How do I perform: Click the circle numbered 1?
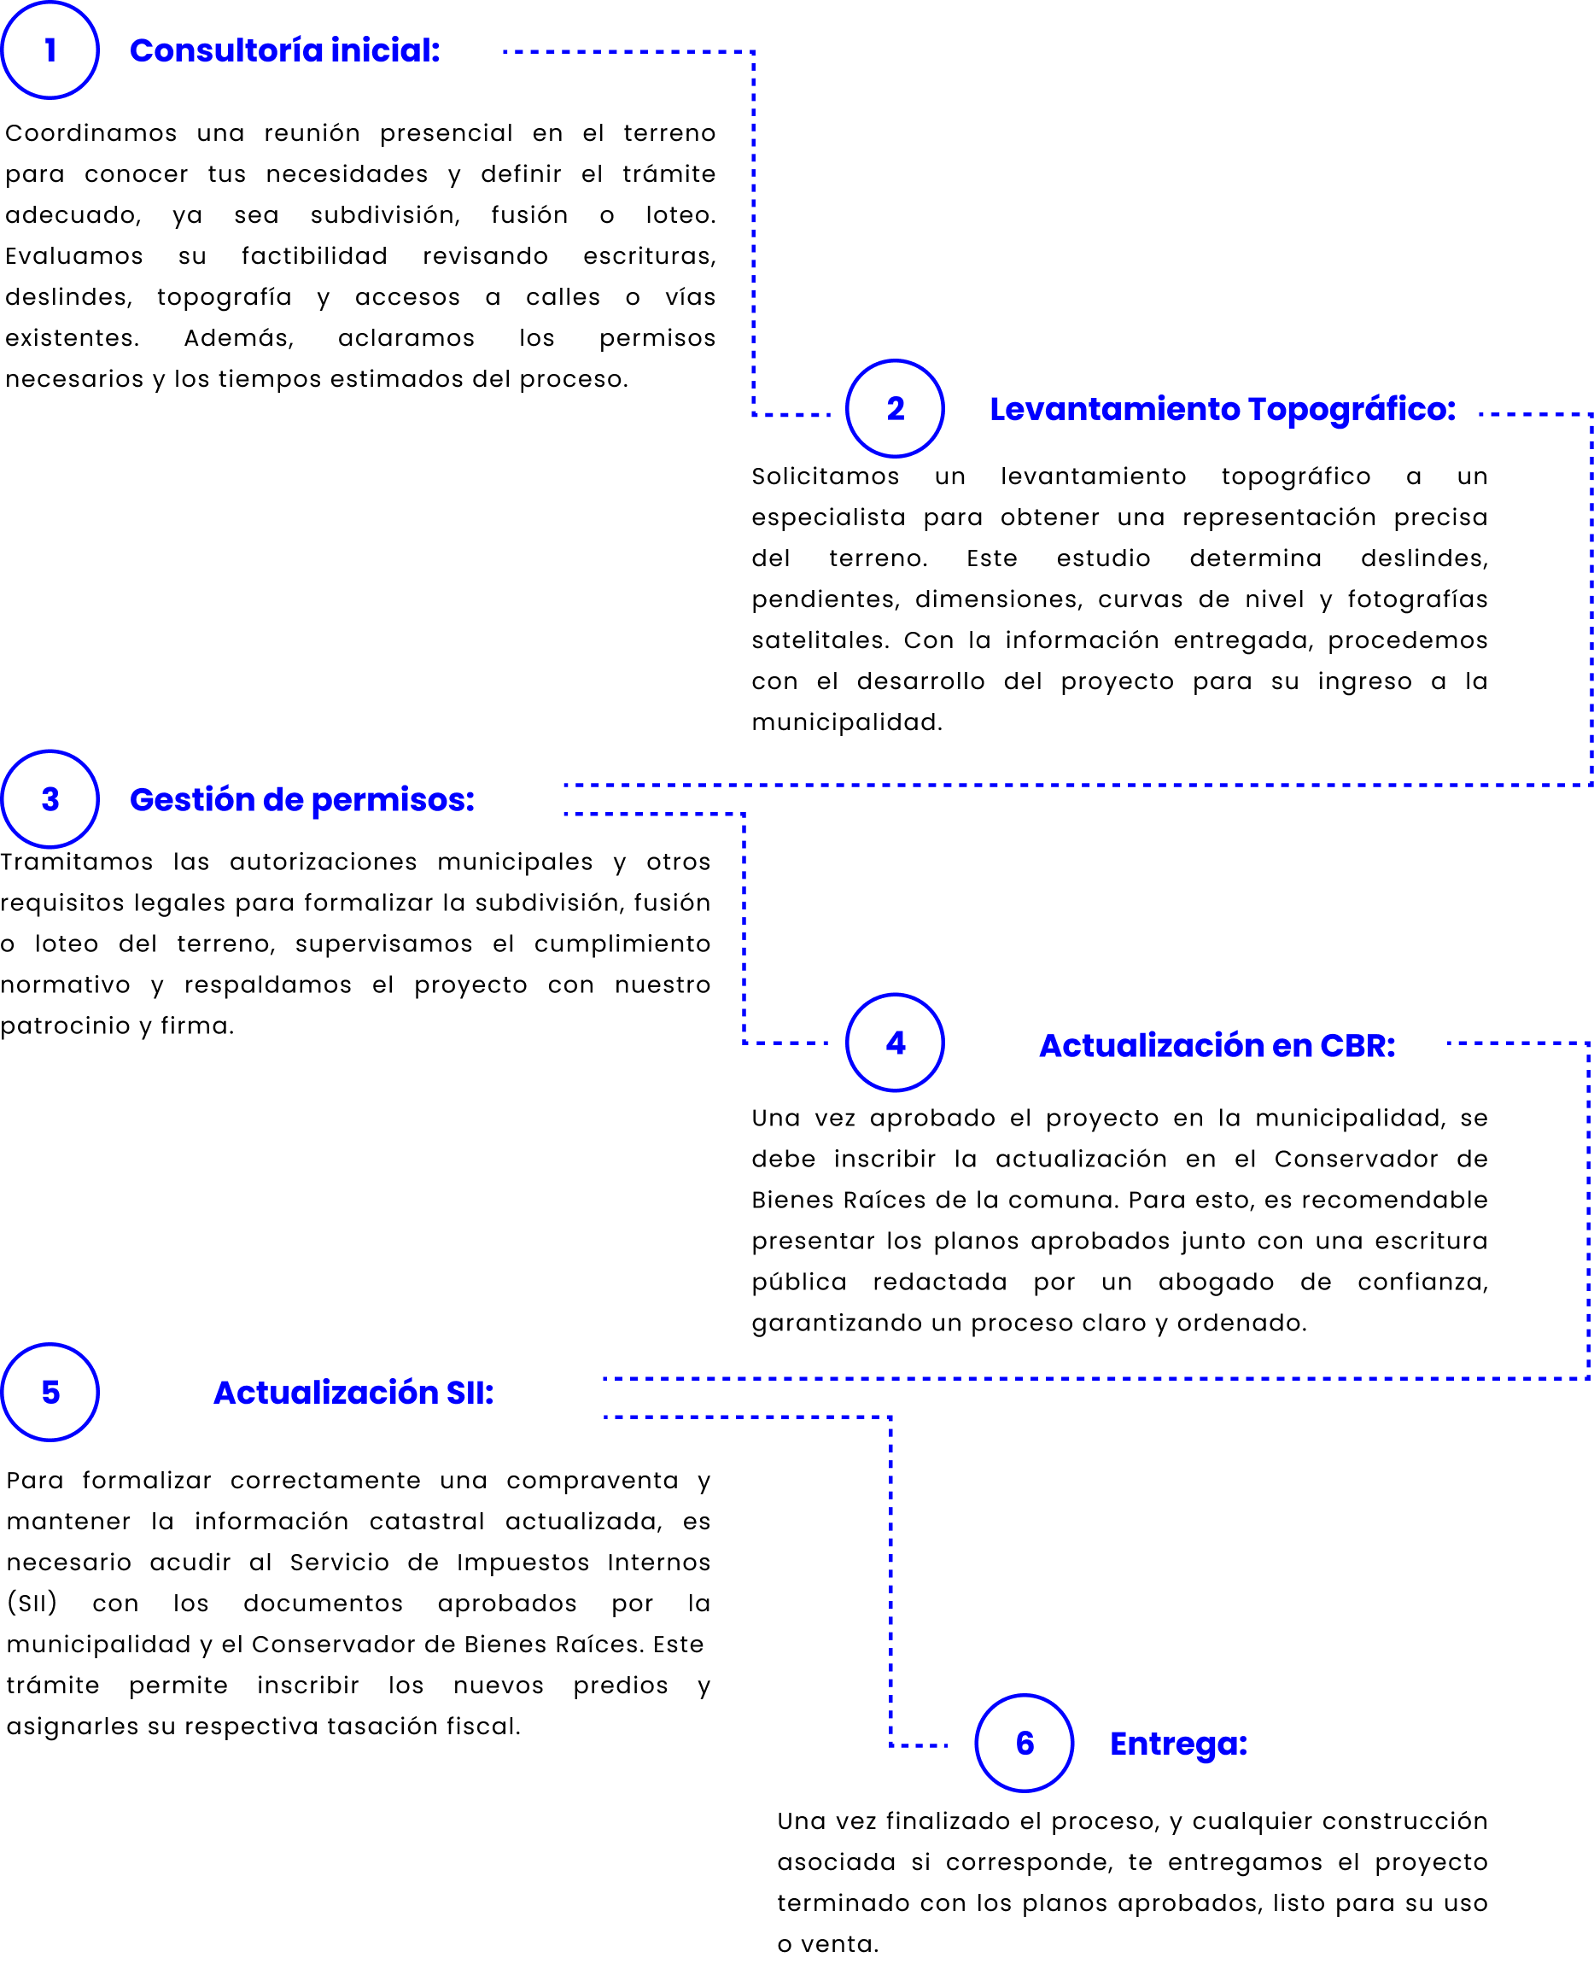(x=50, y=50)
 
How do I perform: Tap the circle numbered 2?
(x=896, y=409)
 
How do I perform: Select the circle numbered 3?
(x=50, y=800)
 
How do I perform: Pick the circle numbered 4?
(x=896, y=1043)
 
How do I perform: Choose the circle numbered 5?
(x=50, y=1393)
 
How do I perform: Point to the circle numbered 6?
(x=1025, y=1744)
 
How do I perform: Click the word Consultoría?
(x=226, y=50)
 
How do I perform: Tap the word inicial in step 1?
(x=385, y=50)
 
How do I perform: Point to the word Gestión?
(x=192, y=800)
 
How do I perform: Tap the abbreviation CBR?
(x=1358, y=1046)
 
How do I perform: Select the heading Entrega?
(x=1178, y=1744)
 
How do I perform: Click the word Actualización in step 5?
(x=326, y=1393)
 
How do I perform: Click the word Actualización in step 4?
(x=1153, y=1046)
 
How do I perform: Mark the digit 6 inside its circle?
(x=1025, y=1744)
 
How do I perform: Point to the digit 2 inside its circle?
(x=896, y=409)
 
